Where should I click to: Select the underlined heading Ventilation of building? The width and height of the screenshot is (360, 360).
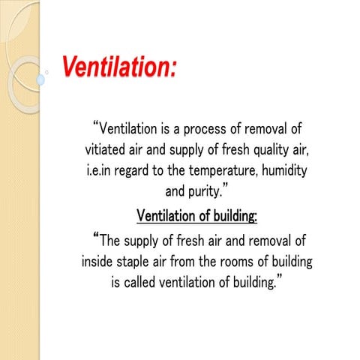(196, 217)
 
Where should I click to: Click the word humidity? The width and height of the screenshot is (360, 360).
(277, 170)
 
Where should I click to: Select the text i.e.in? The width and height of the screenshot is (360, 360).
(99, 170)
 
